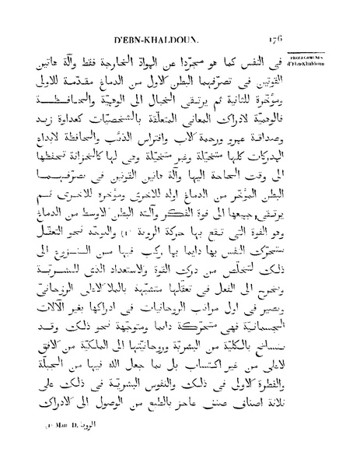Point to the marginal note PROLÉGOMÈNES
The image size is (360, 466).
pos(337,58)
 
